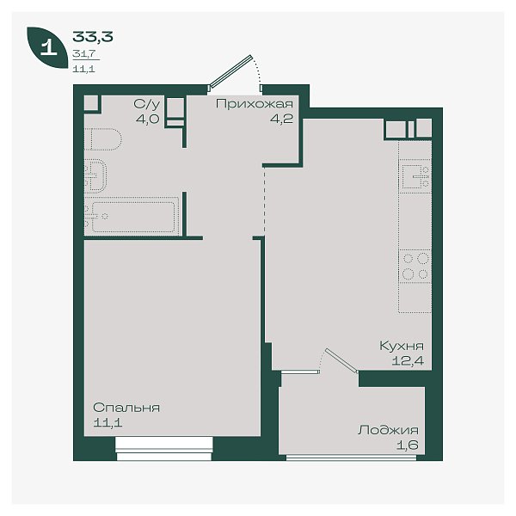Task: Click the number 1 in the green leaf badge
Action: pyautogui.click(x=49, y=47)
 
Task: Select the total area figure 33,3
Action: pyautogui.click(x=93, y=36)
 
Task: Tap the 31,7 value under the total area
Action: pyautogui.click(x=84, y=53)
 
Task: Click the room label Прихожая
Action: pyautogui.click(x=255, y=104)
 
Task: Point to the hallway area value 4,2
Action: pyautogui.click(x=281, y=119)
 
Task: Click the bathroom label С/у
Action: pyautogui.click(x=147, y=104)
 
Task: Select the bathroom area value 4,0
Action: pyautogui.click(x=148, y=119)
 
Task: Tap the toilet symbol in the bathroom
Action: pyautogui.click(x=103, y=138)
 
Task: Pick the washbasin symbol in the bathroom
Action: pyautogui.click(x=95, y=175)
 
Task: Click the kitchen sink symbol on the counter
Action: pyautogui.click(x=415, y=176)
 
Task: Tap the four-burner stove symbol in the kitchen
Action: pyautogui.click(x=415, y=267)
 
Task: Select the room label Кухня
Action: pyautogui.click(x=402, y=346)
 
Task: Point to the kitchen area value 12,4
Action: pyautogui.click(x=408, y=361)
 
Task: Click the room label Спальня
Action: pyautogui.click(x=126, y=408)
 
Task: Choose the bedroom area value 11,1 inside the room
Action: pyautogui.click(x=107, y=422)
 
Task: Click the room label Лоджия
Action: pyautogui.click(x=389, y=431)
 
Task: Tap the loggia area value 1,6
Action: pyautogui.click(x=408, y=445)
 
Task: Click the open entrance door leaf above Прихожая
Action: pyautogui.click(x=231, y=71)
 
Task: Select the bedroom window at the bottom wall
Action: pyautogui.click(x=164, y=449)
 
